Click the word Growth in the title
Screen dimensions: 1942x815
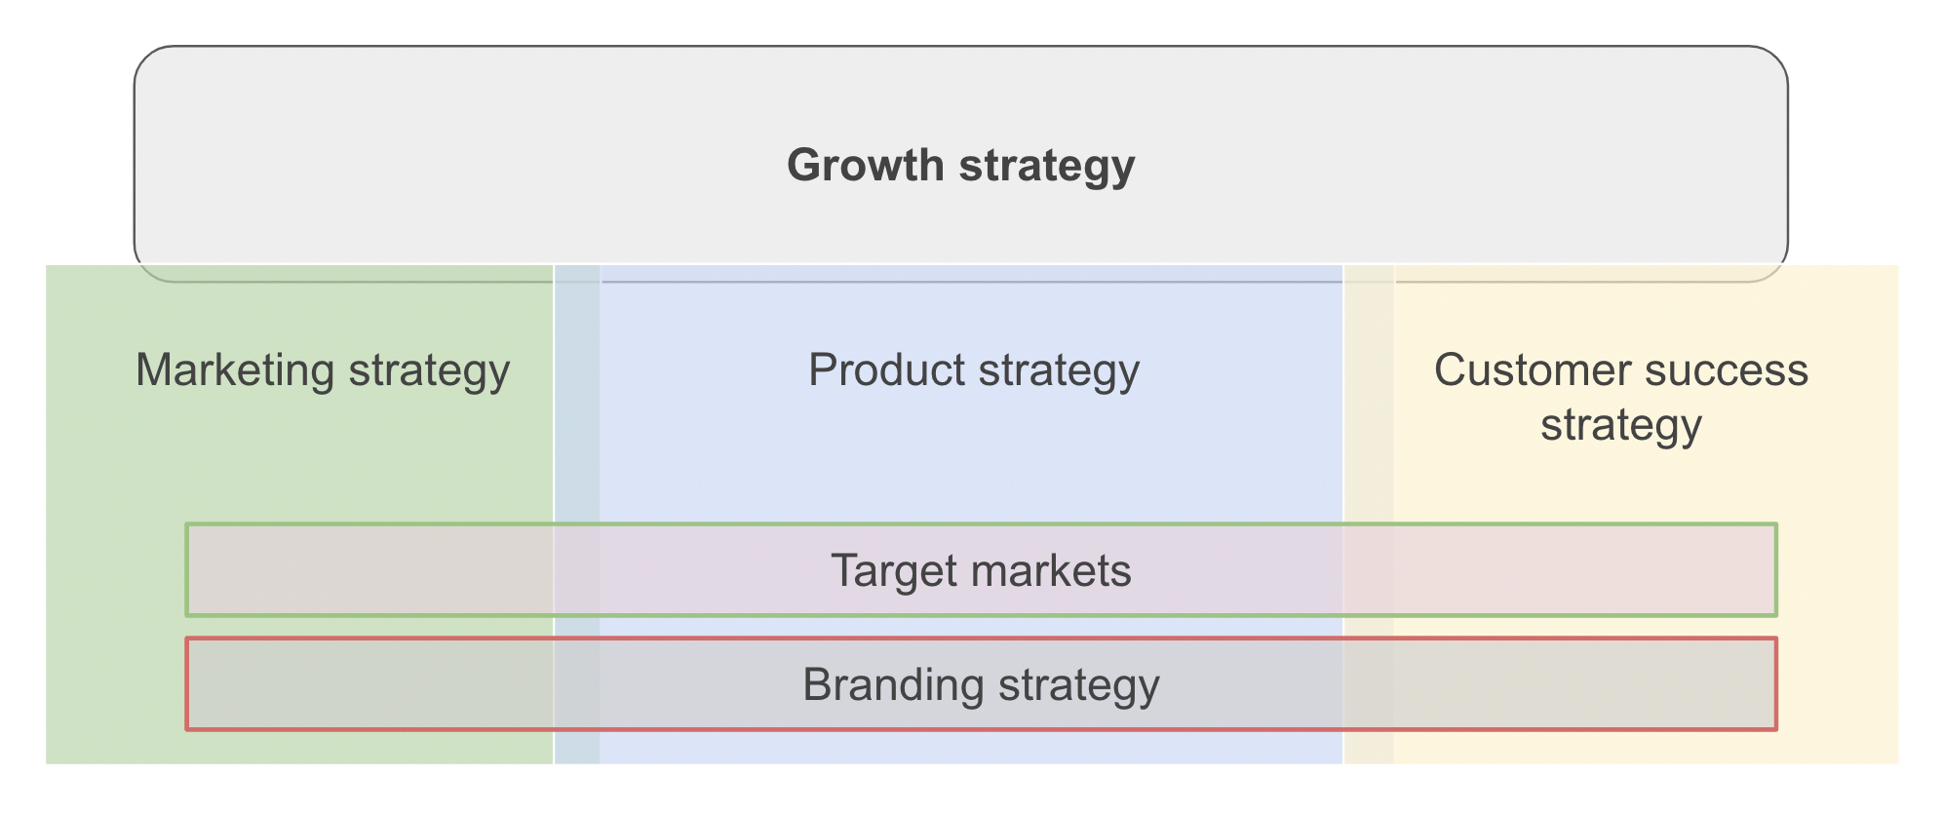pos(865,165)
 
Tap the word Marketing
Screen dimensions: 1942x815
pos(235,371)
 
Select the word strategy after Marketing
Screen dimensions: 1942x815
pos(429,371)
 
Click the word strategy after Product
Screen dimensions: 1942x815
pos(1059,371)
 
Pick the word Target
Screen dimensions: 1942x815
pos(890,571)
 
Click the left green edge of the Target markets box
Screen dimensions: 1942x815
pos(187,569)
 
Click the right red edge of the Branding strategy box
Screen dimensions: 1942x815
pos(1776,683)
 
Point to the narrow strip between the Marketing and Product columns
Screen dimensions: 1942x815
pos(577,514)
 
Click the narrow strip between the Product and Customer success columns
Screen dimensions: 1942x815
pos(1369,514)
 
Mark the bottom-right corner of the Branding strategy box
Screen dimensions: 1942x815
pos(1776,729)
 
